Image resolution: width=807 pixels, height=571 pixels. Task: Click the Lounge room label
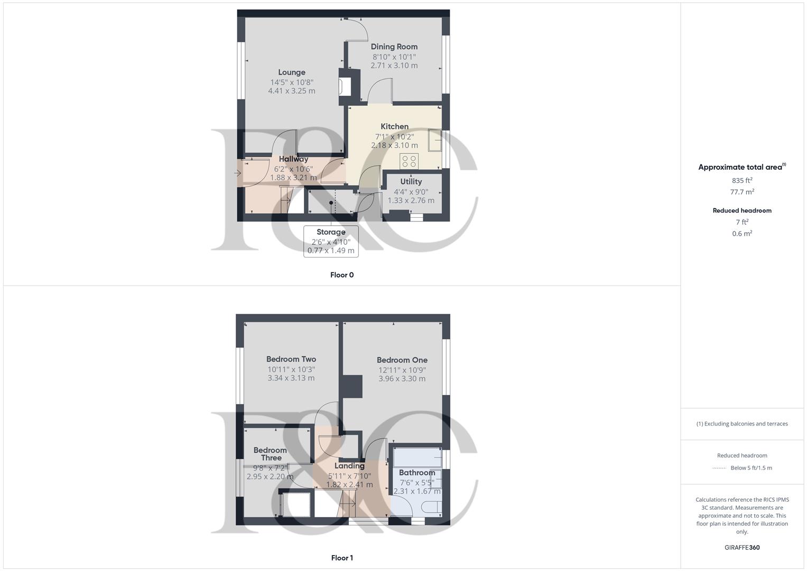point(291,72)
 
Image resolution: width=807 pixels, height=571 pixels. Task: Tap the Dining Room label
point(394,47)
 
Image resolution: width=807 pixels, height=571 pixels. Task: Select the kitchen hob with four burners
point(409,161)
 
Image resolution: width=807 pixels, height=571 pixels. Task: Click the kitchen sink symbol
point(435,140)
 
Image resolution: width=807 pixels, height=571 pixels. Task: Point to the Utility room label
point(411,182)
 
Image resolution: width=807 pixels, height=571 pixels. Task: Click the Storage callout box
point(331,241)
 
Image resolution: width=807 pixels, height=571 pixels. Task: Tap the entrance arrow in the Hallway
point(237,173)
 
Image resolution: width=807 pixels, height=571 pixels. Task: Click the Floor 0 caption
point(342,275)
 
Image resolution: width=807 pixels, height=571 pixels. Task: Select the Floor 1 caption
point(342,558)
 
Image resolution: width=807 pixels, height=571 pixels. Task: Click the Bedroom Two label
point(291,360)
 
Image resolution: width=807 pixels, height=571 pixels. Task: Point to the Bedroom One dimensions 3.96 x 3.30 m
point(402,379)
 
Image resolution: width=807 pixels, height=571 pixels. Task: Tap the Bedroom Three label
point(270,454)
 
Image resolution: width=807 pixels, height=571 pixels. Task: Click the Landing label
point(349,466)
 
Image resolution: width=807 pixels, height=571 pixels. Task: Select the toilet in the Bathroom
point(433,507)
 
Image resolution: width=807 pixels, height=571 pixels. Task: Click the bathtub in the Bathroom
point(418,457)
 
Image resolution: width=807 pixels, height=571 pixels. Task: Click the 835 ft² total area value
point(742,180)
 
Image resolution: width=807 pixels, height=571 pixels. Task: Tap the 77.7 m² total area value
point(742,192)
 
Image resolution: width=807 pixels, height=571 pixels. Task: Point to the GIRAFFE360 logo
point(742,548)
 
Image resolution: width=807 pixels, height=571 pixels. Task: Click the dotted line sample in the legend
point(719,468)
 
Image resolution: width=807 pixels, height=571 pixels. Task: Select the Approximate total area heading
point(742,167)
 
